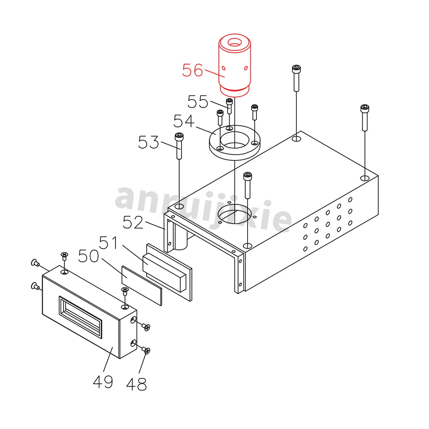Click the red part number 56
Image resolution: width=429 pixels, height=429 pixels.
pyautogui.click(x=192, y=70)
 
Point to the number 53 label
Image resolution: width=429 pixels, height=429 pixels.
pyautogui.click(x=148, y=142)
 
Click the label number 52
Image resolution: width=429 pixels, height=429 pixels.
pyautogui.click(x=133, y=222)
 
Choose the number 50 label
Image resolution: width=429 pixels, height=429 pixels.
pyautogui.click(x=89, y=258)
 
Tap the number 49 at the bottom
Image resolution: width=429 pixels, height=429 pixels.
pyautogui.click(x=103, y=381)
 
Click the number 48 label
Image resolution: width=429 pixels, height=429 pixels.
pyautogui.click(x=136, y=384)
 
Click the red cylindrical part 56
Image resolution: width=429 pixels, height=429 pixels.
pyautogui.click(x=234, y=64)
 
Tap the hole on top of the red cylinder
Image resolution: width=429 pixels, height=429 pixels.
pyautogui.click(x=234, y=43)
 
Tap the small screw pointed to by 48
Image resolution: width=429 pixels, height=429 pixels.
pyautogui.click(x=147, y=351)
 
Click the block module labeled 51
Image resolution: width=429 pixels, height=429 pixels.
pyautogui.click(x=165, y=268)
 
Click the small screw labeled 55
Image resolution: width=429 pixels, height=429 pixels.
pyautogui.click(x=230, y=106)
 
